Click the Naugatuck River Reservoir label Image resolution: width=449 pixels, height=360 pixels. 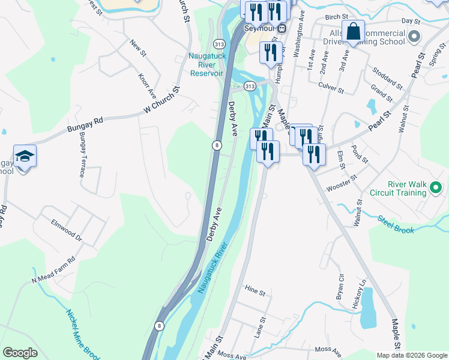206,64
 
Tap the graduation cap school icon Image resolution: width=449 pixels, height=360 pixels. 25,157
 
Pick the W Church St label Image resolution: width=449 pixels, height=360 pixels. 162,101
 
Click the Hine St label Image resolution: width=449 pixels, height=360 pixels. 255,291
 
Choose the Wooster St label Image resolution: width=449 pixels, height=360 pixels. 342,183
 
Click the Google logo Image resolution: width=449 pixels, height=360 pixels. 20,353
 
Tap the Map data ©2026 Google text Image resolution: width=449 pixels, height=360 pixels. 412,355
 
